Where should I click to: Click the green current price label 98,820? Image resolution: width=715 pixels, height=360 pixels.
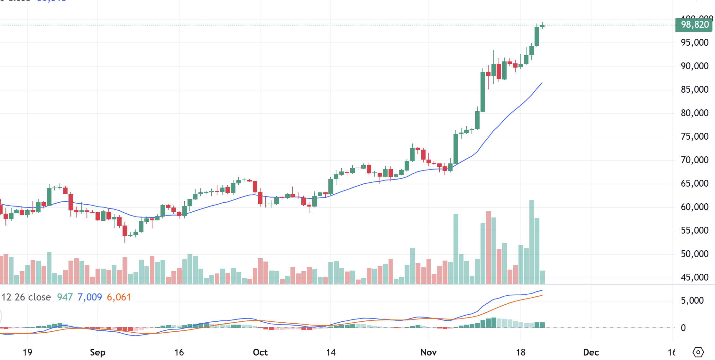click(694, 25)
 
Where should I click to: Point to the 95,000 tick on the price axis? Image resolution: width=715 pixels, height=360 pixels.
click(694, 42)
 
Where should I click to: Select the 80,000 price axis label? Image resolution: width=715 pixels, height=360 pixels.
click(694, 113)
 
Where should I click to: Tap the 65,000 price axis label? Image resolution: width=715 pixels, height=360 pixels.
click(694, 183)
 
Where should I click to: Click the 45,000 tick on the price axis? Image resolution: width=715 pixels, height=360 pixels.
click(694, 277)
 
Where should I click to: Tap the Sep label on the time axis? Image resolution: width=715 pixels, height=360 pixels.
click(97, 352)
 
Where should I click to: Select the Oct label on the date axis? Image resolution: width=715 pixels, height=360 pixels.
click(260, 352)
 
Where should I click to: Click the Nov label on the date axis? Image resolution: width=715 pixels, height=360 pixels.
click(428, 352)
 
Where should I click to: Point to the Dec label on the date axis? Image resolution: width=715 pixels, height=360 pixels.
click(591, 352)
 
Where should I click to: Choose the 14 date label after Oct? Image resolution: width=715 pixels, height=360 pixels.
click(331, 352)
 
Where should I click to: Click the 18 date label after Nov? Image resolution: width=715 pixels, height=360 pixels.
click(521, 352)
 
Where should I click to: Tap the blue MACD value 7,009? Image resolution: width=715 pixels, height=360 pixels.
click(89, 297)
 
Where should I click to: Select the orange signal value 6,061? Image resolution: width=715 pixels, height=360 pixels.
click(119, 297)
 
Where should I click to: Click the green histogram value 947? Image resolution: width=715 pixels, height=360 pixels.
click(65, 297)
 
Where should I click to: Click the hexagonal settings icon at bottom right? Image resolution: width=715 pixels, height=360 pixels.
click(698, 352)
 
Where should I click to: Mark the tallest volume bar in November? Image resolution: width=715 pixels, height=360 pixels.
click(532, 241)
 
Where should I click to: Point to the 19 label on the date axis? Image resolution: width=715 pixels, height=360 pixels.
click(27, 352)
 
